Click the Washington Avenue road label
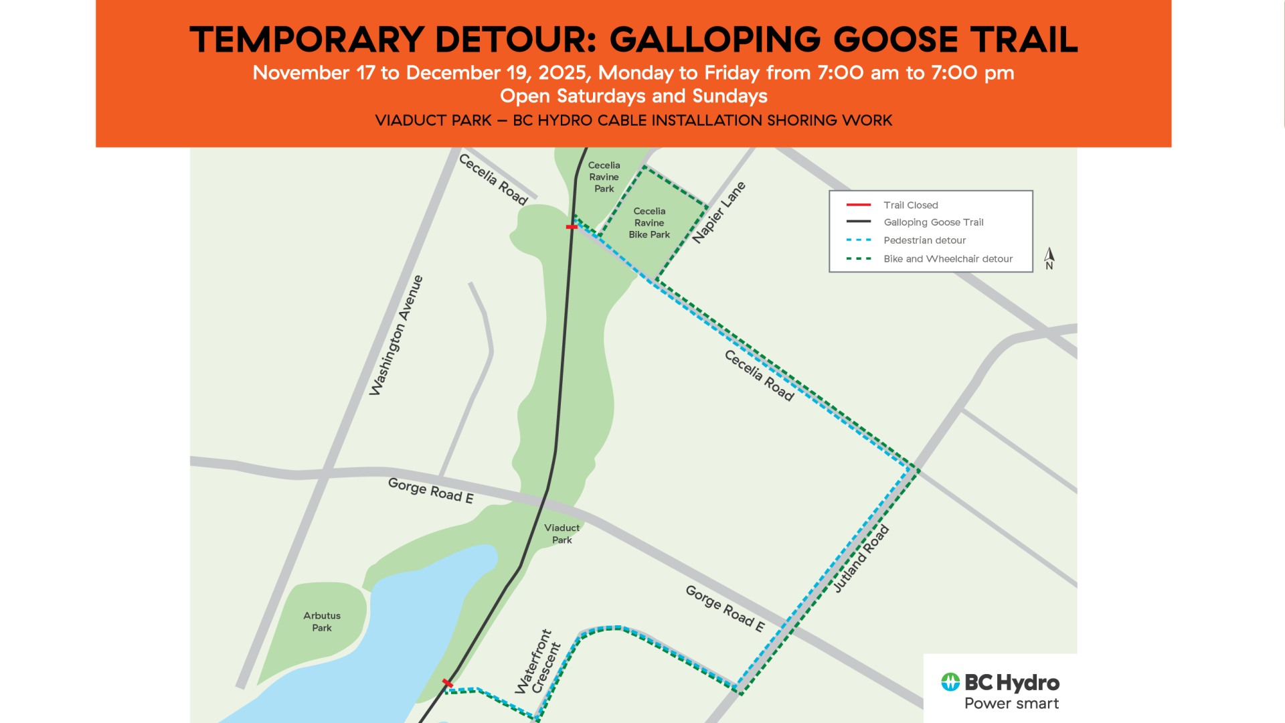tap(396, 335)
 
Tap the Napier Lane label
tap(718, 212)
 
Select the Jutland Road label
tap(861, 559)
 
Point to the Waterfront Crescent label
tap(537, 662)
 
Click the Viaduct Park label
tap(562, 534)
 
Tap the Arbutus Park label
tap(322, 621)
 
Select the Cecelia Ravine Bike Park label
tap(649, 222)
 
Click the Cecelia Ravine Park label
tap(604, 177)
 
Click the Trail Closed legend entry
tap(910, 205)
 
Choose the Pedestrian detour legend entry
tap(924, 240)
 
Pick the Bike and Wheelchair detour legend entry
tap(948, 258)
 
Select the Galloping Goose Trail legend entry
tap(933, 222)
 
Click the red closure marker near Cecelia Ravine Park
tap(572, 227)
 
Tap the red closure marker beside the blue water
tap(448, 683)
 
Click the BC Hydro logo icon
tap(950, 682)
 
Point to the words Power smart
tap(1011, 704)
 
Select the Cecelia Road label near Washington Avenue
tap(493, 179)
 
